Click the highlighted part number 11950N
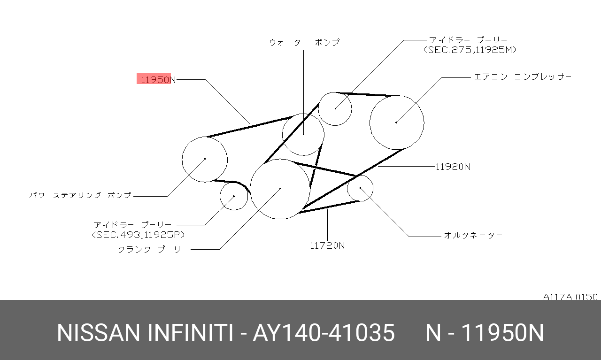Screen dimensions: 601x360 click(158, 80)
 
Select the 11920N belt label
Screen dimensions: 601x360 click(453, 167)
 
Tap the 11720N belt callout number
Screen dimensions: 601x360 click(327, 245)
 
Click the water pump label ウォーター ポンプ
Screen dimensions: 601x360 click(304, 42)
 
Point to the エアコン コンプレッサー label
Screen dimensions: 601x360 click(523, 77)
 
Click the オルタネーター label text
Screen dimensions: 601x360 click(473, 235)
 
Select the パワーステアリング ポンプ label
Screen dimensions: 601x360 click(80, 195)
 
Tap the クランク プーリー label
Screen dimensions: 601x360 click(153, 250)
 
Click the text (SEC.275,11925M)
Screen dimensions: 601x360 click(470, 50)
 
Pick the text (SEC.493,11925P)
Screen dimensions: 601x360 click(138, 235)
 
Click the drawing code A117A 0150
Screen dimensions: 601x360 click(570, 297)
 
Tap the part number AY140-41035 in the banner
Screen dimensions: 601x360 click(324, 333)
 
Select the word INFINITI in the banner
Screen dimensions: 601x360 click(190, 333)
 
